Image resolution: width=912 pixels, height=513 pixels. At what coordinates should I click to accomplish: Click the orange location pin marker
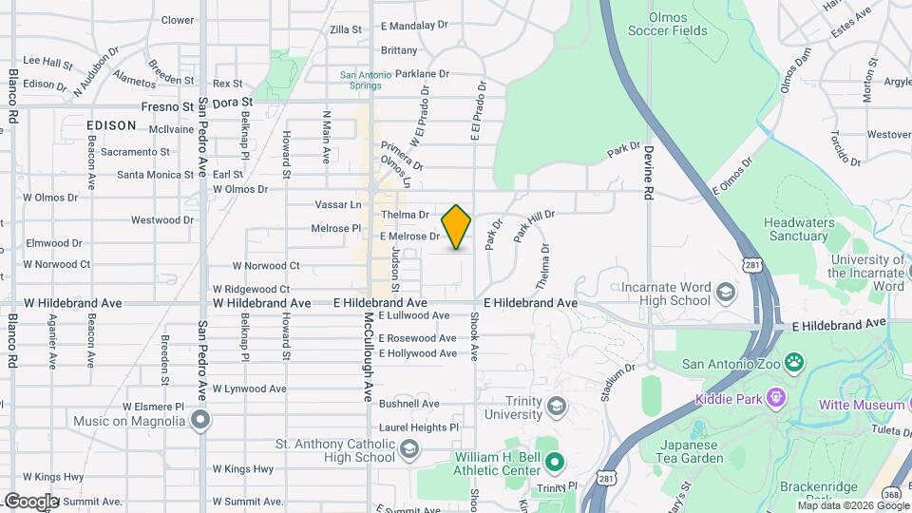[457, 226]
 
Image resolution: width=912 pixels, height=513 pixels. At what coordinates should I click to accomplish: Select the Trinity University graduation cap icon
[557, 407]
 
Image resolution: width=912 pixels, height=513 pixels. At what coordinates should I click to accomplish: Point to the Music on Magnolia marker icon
[200, 419]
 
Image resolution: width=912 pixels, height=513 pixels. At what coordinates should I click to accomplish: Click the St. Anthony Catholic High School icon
[409, 448]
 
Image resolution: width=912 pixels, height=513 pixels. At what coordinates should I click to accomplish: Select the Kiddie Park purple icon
[777, 398]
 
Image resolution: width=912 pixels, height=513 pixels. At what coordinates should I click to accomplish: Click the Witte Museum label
[862, 406]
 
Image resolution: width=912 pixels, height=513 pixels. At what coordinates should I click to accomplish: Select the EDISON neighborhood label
[112, 124]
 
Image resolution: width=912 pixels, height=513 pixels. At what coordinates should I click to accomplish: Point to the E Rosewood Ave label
[418, 338]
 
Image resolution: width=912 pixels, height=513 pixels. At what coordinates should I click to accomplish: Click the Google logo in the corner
[32, 501]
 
